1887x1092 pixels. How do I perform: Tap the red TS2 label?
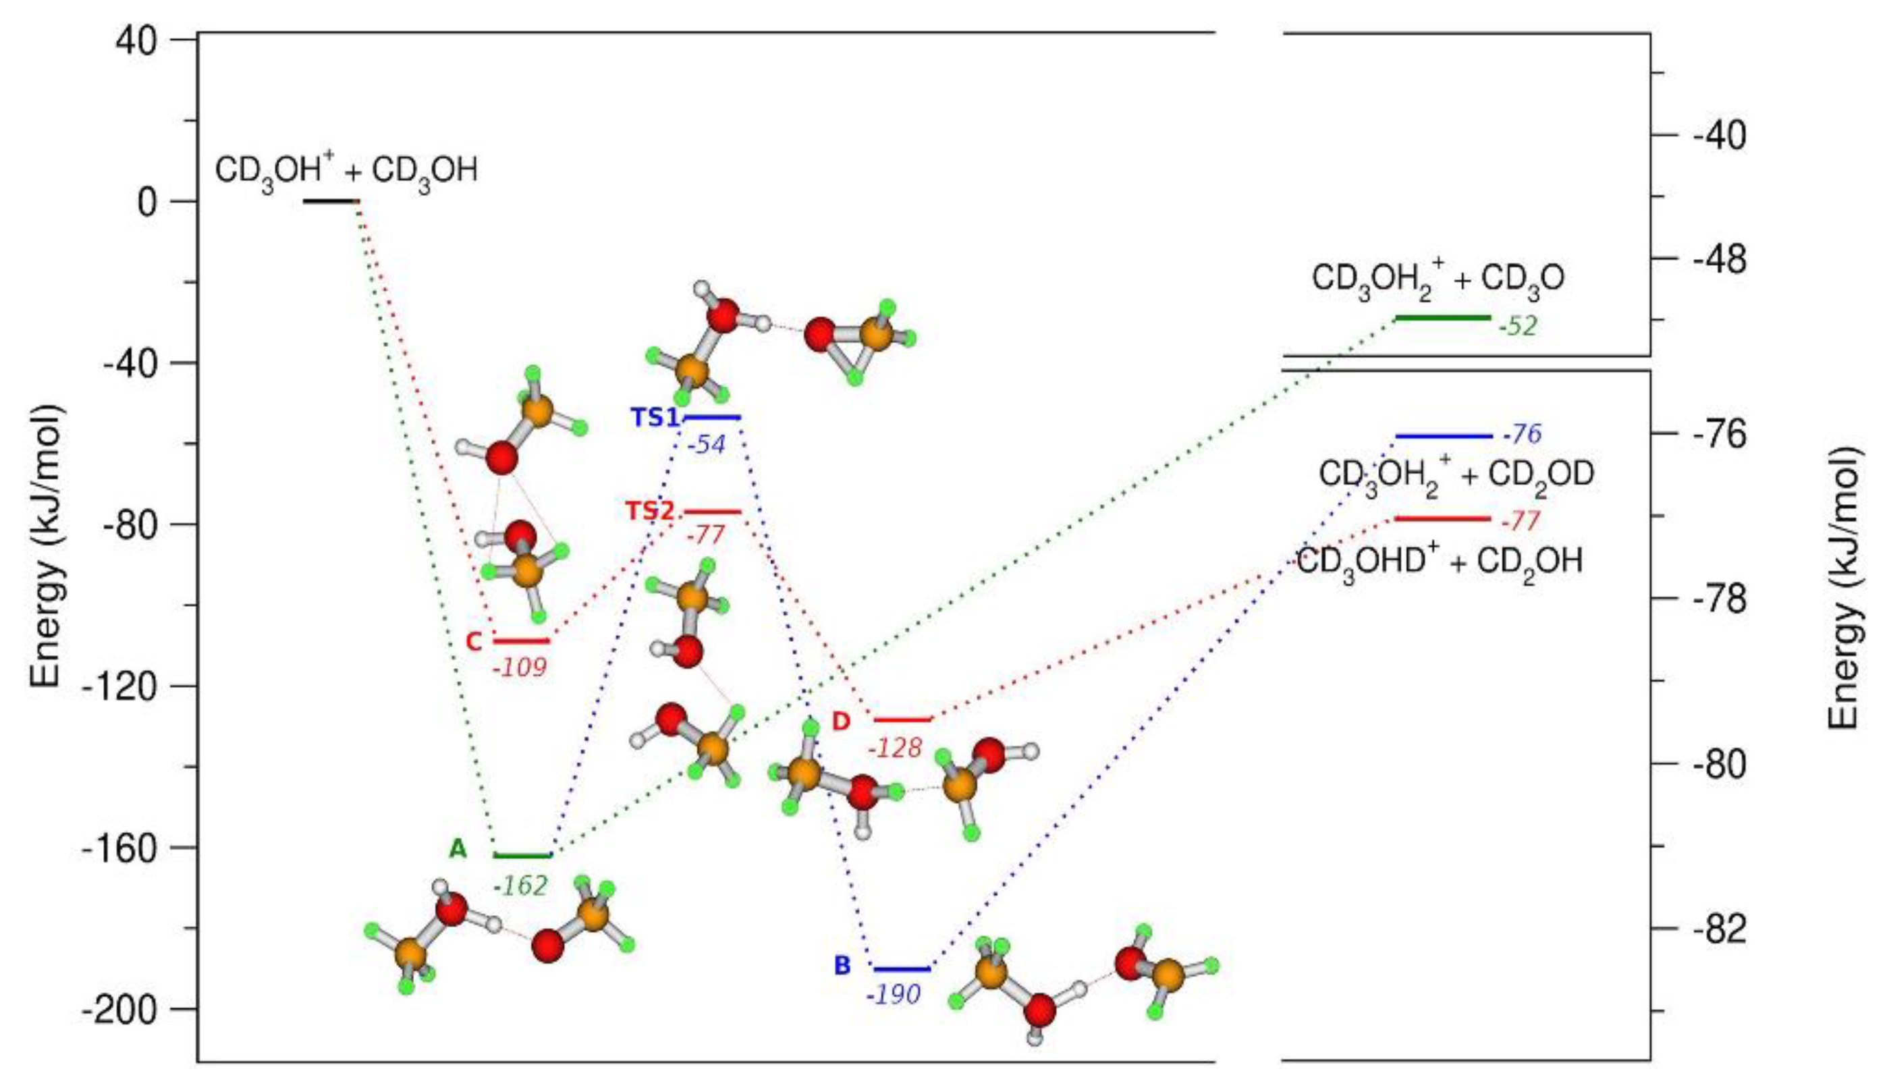pyautogui.click(x=650, y=512)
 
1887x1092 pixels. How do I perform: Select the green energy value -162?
pyautogui.click(x=520, y=886)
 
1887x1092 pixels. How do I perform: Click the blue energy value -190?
pyautogui.click(x=894, y=995)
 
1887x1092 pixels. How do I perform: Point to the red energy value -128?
pyautogui.click(x=895, y=746)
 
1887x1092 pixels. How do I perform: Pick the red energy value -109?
pyautogui.click(x=520, y=667)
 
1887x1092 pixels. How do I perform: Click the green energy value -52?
pyautogui.click(x=1517, y=327)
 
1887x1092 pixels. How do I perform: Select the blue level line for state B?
pyautogui.click(x=902, y=969)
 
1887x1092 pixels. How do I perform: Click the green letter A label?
pyautogui.click(x=458, y=848)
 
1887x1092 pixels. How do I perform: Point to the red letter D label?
pyautogui.click(x=841, y=721)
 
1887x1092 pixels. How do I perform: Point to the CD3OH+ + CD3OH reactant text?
pyautogui.click(x=346, y=172)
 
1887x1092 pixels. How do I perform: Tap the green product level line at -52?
pyautogui.click(x=1443, y=318)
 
